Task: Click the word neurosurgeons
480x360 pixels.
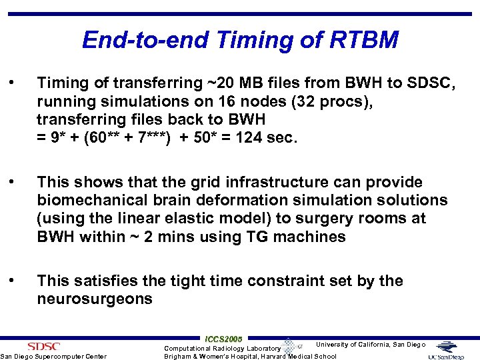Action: (95, 299)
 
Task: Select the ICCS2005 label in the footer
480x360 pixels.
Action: (224, 339)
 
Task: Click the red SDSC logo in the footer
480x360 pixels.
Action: (43, 345)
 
